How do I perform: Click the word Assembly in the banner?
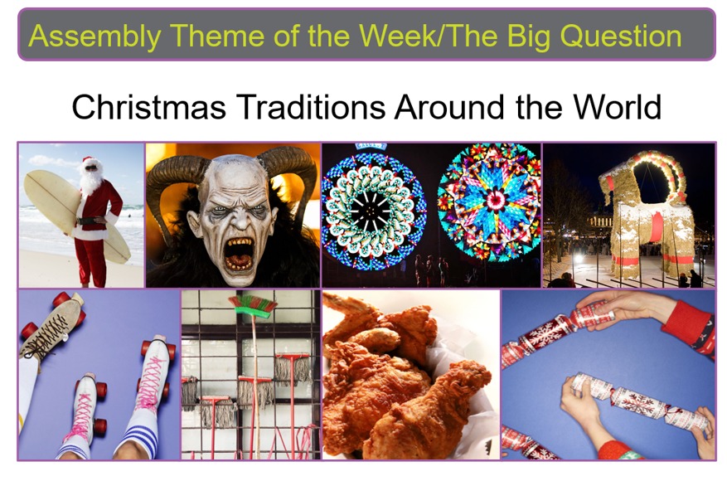point(95,36)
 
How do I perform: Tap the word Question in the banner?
point(621,36)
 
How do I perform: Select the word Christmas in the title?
point(149,107)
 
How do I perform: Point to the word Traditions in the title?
point(311,107)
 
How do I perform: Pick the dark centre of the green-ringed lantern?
point(371,211)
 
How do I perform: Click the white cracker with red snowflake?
point(639,402)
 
